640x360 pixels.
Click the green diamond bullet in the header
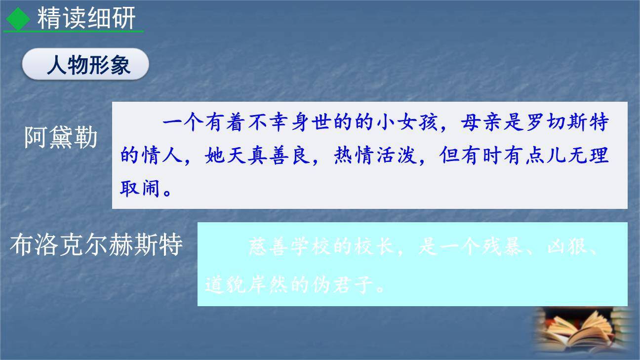(x=18, y=19)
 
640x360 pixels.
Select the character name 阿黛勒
(x=61, y=138)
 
